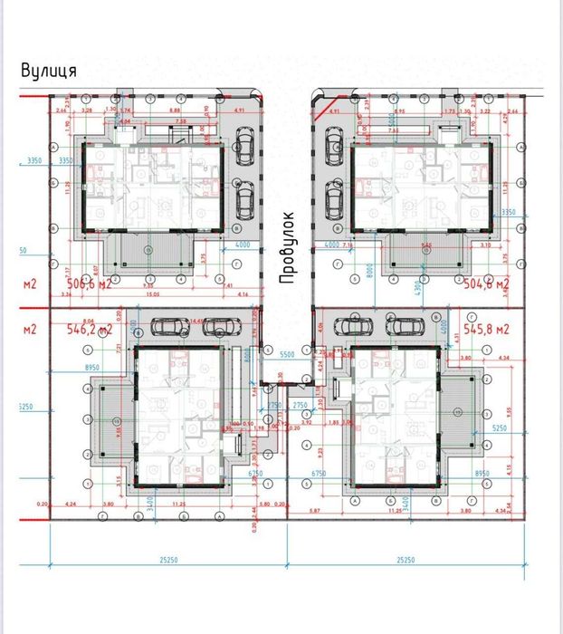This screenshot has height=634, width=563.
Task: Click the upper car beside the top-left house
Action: pos(243,144)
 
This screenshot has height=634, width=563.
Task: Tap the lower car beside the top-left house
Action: pos(243,197)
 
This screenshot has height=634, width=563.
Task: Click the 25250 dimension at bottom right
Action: pos(406,560)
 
